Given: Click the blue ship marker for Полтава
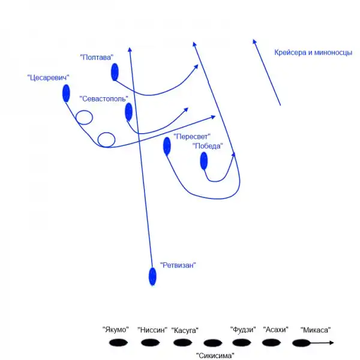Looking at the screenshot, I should click(x=115, y=73).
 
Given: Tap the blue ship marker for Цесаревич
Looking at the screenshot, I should click(x=66, y=93).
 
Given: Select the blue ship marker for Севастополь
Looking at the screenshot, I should click(x=128, y=112).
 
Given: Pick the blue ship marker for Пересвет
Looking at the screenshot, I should click(x=167, y=146).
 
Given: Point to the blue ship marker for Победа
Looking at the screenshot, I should click(x=204, y=160).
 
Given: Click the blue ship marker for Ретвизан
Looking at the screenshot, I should click(x=152, y=276).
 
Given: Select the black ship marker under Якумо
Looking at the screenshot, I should click(x=119, y=343).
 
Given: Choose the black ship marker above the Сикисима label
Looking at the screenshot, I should click(x=212, y=344).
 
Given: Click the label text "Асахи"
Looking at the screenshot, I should click(x=276, y=329).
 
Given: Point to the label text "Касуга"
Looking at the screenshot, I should click(x=185, y=331).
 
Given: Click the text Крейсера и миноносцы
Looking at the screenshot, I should click(x=313, y=53).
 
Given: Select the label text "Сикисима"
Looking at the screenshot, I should click(x=215, y=356).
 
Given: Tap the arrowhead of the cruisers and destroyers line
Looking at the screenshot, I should click(x=254, y=43).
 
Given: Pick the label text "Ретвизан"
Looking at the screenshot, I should click(x=178, y=265).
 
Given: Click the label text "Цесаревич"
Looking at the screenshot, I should click(x=49, y=77).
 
